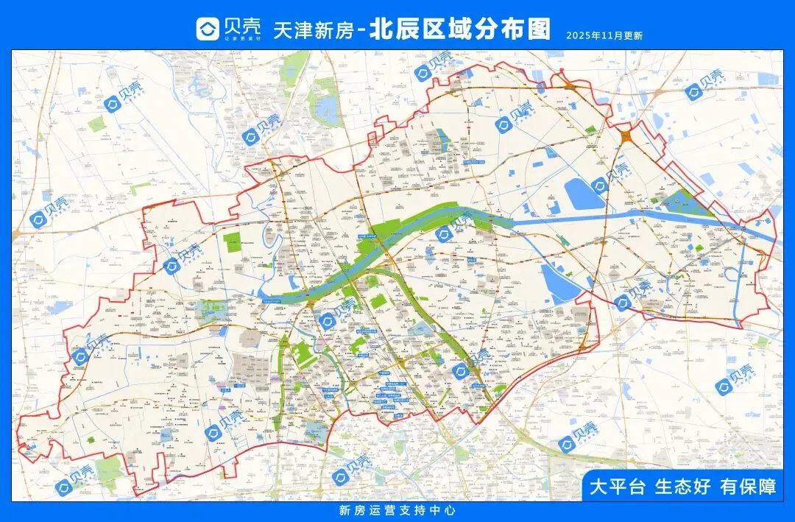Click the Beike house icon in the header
click(x=207, y=29)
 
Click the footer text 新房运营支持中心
click(x=397, y=510)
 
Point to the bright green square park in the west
click(x=233, y=241)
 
